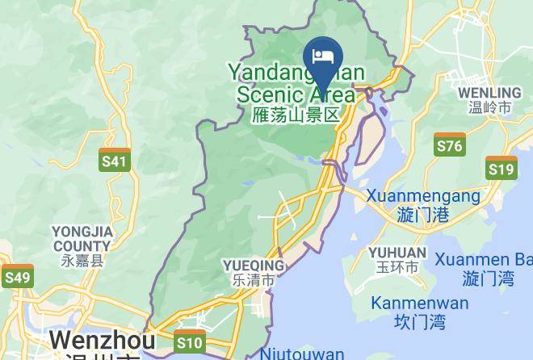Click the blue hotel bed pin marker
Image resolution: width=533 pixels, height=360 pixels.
click(x=323, y=59)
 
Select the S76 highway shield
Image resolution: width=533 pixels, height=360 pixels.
click(x=449, y=144)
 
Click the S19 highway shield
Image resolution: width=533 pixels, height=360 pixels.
click(x=501, y=168)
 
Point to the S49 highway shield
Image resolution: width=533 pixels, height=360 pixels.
click(x=17, y=277)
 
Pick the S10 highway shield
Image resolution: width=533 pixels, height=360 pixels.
click(x=189, y=342)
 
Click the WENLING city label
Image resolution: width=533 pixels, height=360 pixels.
click(x=489, y=92)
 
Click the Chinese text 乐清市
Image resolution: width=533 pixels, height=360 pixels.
click(x=254, y=281)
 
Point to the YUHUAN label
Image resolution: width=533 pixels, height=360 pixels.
click(x=397, y=252)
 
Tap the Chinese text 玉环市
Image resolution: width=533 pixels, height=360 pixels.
click(x=397, y=267)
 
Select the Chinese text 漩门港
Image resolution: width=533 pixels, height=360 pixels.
click(x=423, y=215)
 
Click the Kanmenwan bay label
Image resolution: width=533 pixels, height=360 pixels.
click(x=419, y=303)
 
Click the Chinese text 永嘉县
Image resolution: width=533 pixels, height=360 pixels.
click(x=82, y=261)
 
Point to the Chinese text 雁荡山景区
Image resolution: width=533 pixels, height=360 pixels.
click(x=296, y=115)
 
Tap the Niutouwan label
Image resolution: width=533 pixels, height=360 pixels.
click(x=302, y=354)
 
